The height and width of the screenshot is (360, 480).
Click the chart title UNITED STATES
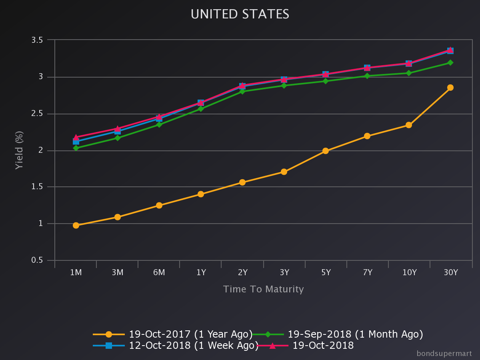tap(240, 14)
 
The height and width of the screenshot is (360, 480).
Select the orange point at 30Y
tap(450, 88)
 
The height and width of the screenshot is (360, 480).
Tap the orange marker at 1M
tap(76, 225)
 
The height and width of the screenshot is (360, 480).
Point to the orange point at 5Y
tap(326, 151)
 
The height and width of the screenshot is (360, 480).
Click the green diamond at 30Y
tap(450, 62)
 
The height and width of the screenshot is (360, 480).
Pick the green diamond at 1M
tap(76, 148)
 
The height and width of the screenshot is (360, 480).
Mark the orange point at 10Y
tap(408, 125)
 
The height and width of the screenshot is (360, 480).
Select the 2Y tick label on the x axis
tap(242, 273)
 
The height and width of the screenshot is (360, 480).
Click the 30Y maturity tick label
tap(450, 273)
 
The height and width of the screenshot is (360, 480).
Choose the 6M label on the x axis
tap(159, 273)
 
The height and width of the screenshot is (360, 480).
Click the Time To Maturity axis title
tap(263, 289)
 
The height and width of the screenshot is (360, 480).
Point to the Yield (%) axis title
tap(19, 150)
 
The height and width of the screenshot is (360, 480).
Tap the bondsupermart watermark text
tap(444, 354)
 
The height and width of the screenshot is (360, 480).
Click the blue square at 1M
tap(76, 141)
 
